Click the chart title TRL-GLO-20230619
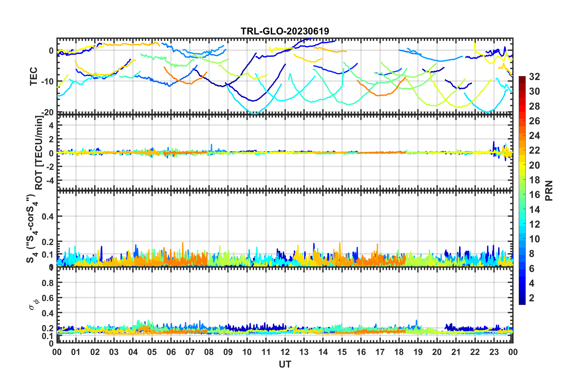(x=285, y=31)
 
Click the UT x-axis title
(x=285, y=364)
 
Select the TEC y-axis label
(x=34, y=76)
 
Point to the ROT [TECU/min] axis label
(x=39, y=153)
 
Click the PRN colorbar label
(x=549, y=190)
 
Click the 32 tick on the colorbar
(x=534, y=77)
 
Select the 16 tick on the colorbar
(x=534, y=195)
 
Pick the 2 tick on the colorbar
(x=532, y=298)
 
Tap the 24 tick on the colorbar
(x=534, y=136)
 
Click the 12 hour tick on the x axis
(x=285, y=352)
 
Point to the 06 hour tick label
(x=171, y=352)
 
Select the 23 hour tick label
(x=494, y=352)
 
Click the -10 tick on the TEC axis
(x=47, y=81)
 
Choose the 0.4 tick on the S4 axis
(x=47, y=216)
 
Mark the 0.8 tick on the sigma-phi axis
(x=47, y=283)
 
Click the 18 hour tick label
(x=399, y=352)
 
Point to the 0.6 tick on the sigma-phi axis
(x=47, y=298)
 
